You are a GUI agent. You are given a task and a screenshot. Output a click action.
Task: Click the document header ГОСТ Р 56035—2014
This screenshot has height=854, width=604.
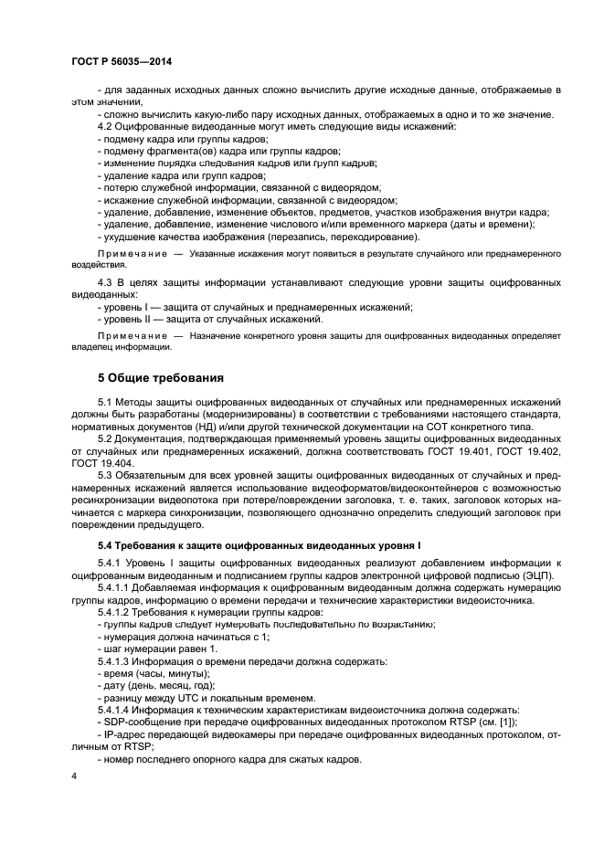tap(122, 61)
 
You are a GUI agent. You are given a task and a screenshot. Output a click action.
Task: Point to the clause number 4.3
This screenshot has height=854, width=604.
tap(106, 284)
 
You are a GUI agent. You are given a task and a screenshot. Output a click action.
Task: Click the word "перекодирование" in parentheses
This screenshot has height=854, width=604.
tap(359, 236)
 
